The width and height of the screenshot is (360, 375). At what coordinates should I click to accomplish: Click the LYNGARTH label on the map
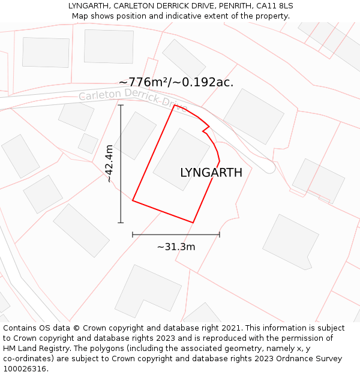(211, 173)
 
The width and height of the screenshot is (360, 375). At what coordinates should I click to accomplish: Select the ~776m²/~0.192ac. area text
(176, 82)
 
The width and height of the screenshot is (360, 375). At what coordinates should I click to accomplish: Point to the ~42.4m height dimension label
(109, 163)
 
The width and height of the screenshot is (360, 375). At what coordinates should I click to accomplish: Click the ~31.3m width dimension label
(176, 247)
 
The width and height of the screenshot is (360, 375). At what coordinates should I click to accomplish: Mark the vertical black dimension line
(121, 180)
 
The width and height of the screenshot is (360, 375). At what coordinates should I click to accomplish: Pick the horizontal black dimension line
(176, 235)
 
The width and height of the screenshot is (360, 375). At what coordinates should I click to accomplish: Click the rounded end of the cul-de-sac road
(269, 167)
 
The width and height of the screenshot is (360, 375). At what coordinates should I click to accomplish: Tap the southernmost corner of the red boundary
(193, 223)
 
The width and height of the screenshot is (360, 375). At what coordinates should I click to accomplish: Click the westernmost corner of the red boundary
(133, 201)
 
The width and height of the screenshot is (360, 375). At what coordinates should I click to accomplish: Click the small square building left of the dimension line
(88, 143)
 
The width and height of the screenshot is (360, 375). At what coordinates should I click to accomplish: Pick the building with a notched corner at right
(290, 242)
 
